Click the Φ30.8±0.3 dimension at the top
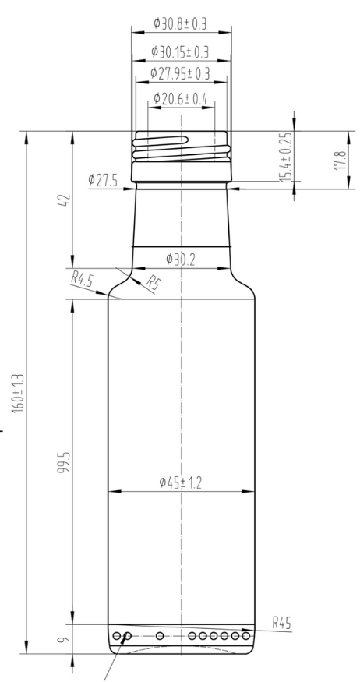point(182,24)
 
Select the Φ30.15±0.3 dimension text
point(182,51)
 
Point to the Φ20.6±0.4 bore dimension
point(182,99)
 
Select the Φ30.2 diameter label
point(180,259)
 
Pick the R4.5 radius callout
point(83,277)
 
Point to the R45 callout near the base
point(282,624)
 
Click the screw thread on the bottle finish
point(182,145)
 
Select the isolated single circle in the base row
point(160,636)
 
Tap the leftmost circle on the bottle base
point(117,636)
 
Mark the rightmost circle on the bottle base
point(247,636)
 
